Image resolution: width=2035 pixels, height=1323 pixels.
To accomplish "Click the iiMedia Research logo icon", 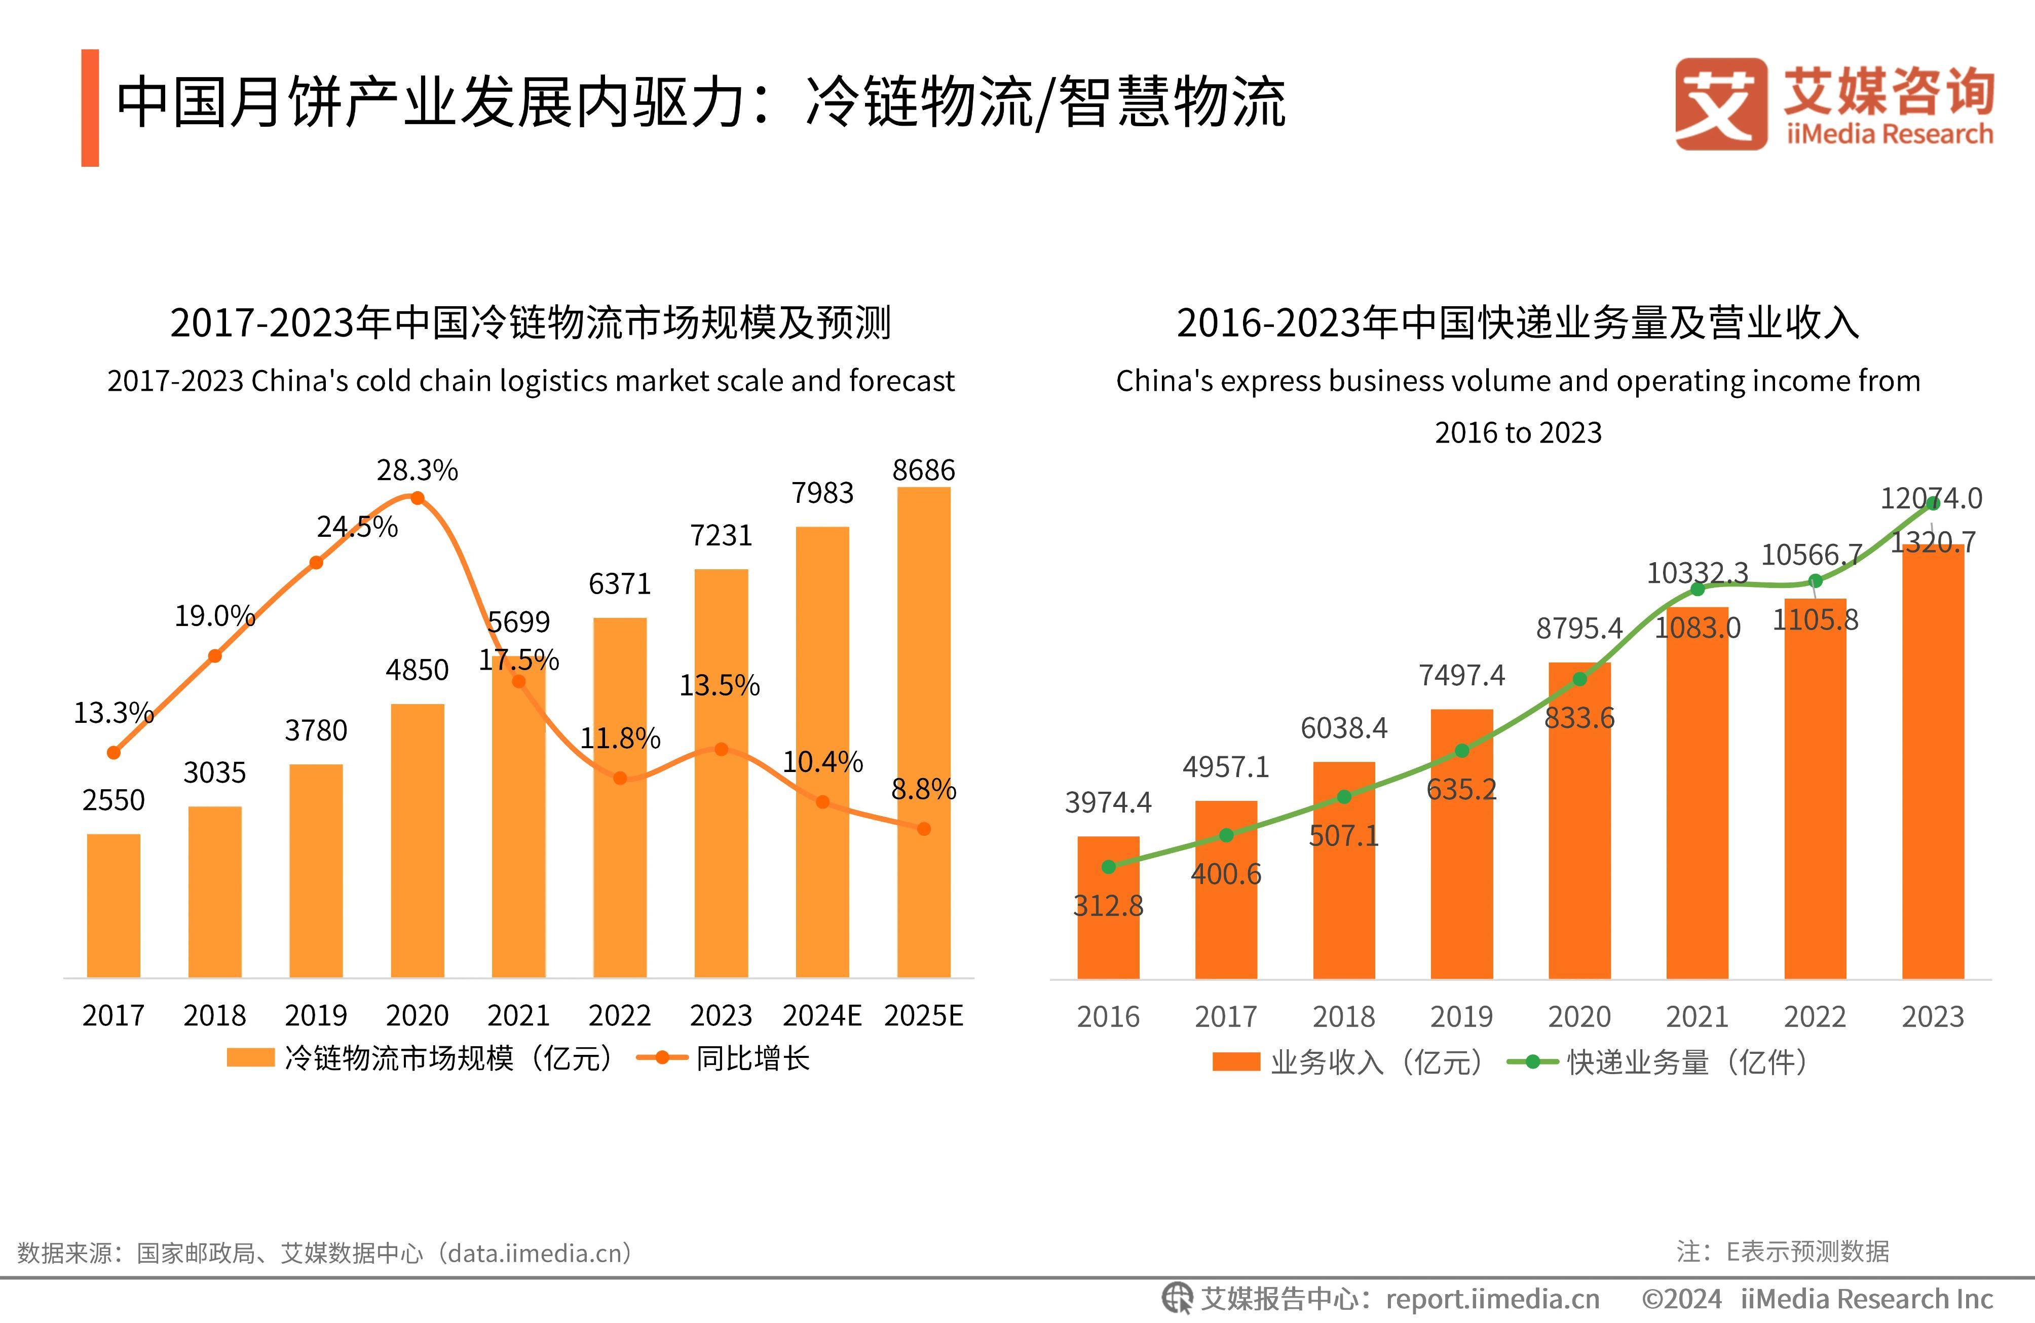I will [1720, 104].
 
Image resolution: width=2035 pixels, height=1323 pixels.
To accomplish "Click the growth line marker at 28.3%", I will [417, 498].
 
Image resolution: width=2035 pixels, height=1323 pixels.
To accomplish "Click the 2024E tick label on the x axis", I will [822, 1015].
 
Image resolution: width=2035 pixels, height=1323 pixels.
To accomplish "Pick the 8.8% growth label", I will [923, 789].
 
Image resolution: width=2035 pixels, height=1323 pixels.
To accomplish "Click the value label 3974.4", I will [1108, 802].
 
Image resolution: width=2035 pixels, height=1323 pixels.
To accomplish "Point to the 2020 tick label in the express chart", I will [1579, 1017].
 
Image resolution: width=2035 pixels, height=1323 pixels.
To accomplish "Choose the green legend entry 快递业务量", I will [1659, 1062].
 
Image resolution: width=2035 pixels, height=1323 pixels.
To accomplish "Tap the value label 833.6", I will [1579, 718].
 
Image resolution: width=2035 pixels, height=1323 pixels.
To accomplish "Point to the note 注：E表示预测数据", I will [1783, 1251].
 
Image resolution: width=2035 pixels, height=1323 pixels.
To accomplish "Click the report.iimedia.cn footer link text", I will [1492, 1299].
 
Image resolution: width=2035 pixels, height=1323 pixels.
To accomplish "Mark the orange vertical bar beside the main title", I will [90, 108].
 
